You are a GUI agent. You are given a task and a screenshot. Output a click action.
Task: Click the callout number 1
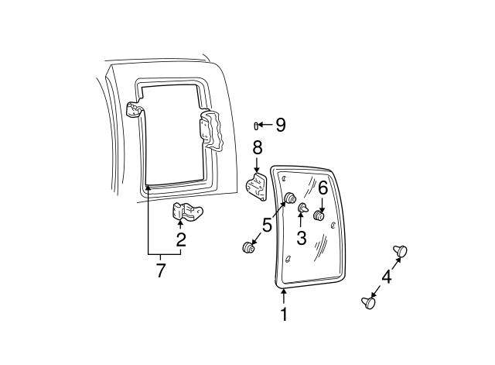284,315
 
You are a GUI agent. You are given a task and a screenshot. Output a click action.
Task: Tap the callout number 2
181,239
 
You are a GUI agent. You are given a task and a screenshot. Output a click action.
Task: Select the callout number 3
301,239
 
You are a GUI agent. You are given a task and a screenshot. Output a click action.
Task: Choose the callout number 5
267,226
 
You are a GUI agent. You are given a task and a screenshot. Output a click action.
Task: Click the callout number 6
323,187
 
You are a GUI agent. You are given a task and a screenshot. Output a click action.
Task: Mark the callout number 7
161,270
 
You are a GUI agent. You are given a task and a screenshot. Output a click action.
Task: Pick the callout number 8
257,146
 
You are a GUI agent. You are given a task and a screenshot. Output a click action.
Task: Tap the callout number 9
280,124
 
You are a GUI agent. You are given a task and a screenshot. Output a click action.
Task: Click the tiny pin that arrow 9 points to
256,125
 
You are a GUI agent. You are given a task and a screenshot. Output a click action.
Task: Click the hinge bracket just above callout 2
186,211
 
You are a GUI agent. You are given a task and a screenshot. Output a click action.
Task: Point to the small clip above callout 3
302,208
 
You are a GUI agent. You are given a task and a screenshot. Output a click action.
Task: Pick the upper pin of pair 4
401,250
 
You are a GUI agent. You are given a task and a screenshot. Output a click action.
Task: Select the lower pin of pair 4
368,303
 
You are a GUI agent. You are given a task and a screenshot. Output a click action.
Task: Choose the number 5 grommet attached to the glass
291,198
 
